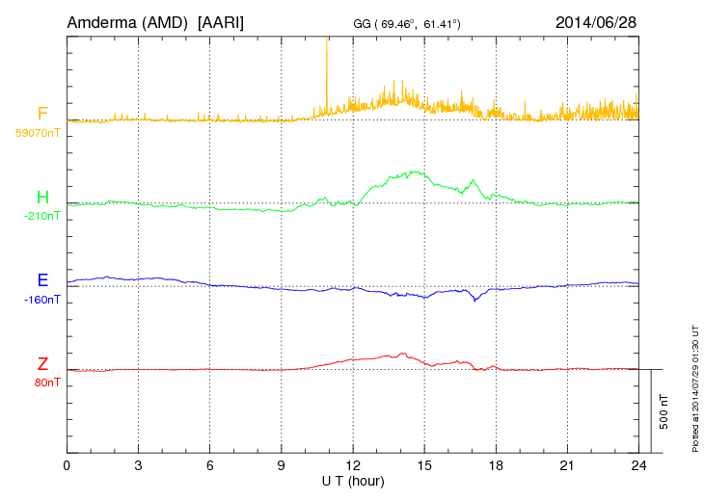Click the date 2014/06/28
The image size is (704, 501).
point(596,21)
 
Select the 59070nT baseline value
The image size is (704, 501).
point(38,133)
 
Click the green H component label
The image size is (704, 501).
point(42,198)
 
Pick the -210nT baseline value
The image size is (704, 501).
point(41,216)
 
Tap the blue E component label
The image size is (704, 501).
point(42,281)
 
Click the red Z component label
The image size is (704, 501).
point(42,364)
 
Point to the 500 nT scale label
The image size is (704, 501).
point(664,411)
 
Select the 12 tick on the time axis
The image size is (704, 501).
point(353,465)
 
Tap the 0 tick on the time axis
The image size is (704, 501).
point(67,465)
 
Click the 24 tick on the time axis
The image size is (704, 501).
point(638,465)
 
